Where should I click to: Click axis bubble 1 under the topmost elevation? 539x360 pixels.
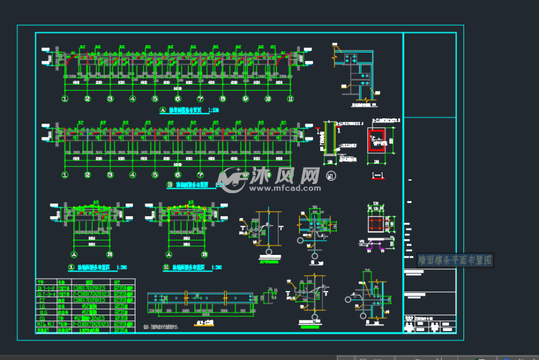pyautogui.click(x=65, y=99)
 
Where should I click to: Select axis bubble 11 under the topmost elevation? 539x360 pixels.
pyautogui.click(x=289, y=99)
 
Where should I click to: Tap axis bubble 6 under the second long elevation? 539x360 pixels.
pyautogui.click(x=177, y=175)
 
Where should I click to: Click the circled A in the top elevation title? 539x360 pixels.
pyautogui.click(x=162, y=111)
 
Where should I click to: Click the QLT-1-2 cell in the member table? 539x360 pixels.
pyautogui.click(x=45, y=287)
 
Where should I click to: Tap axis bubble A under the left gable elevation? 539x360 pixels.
pyautogui.click(x=74, y=254)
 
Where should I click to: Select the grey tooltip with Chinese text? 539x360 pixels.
pyautogui.click(x=454, y=260)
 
